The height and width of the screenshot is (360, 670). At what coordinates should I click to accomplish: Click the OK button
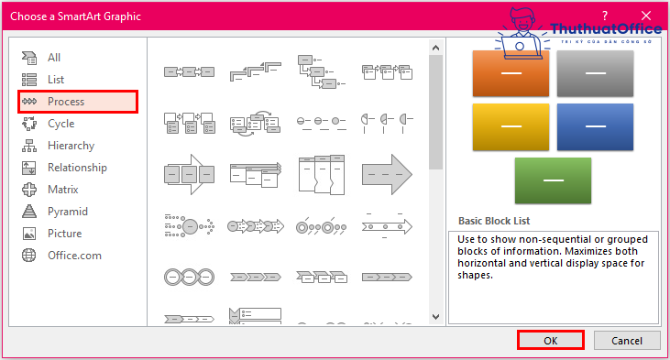550,341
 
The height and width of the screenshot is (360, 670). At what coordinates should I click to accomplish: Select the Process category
78,102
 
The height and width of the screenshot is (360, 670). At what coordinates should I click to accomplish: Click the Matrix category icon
29,190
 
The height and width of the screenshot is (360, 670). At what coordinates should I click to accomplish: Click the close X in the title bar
646,16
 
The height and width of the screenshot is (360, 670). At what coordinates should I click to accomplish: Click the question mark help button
605,16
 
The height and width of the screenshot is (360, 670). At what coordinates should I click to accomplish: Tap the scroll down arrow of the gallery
436,317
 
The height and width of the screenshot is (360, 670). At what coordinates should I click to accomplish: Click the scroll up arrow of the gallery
436,48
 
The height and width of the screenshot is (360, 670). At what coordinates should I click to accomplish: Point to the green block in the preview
553,180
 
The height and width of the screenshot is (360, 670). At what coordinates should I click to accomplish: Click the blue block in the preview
595,126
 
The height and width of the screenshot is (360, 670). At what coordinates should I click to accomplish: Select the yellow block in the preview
511,126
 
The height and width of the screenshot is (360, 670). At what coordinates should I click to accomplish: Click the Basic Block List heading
494,221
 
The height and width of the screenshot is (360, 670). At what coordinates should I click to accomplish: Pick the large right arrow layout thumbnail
387,174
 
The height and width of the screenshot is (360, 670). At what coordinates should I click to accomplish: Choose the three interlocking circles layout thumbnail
190,278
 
